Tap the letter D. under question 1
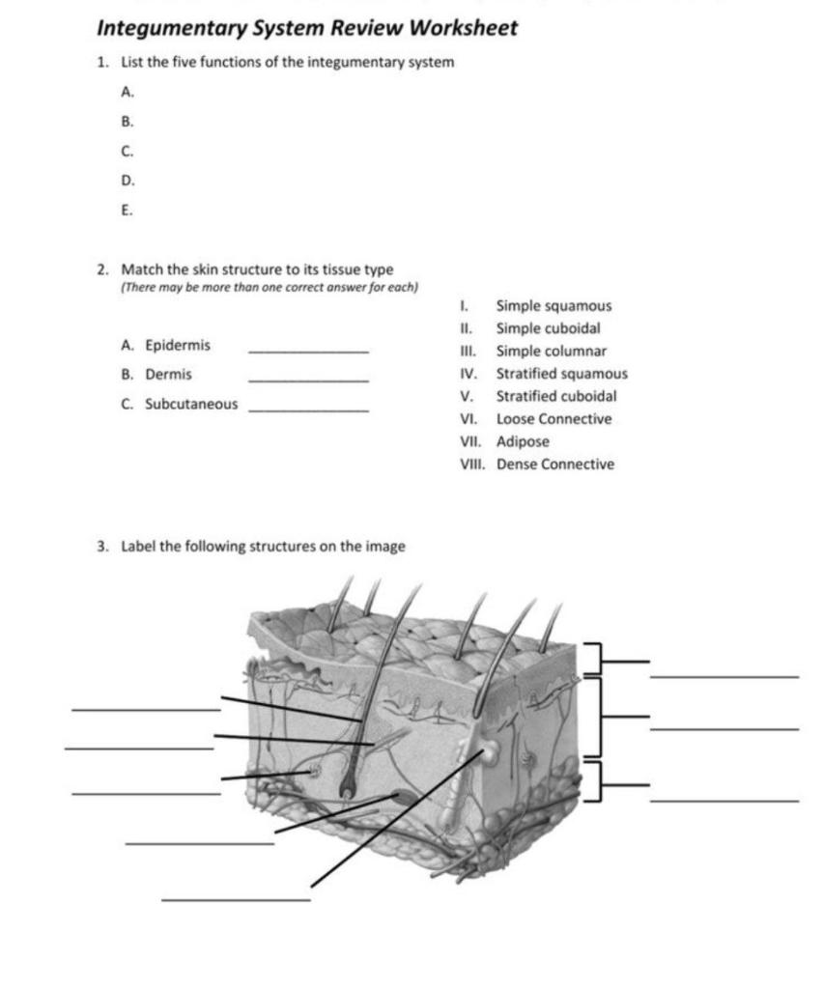pos(128,181)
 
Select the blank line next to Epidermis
pos(308,351)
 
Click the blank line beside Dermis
pos(308,381)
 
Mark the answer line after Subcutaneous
pos(308,410)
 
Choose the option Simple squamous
pos(553,306)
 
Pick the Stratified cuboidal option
pos(556,396)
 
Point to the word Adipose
pos(523,441)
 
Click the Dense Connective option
pos(554,465)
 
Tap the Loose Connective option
pos(553,419)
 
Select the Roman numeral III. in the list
pos(469,352)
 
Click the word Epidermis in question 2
pos(178,345)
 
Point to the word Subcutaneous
pos(191,404)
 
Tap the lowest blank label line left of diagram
pos(236,900)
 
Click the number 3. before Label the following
pos(102,547)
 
